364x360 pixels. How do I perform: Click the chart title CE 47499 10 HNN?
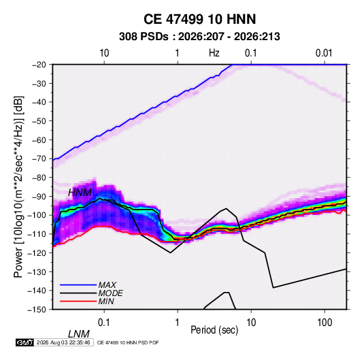click(x=199, y=19)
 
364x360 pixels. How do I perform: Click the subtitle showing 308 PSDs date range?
click(x=199, y=37)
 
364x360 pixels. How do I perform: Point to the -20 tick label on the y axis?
click(x=39, y=65)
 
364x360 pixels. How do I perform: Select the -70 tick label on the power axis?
click(x=39, y=159)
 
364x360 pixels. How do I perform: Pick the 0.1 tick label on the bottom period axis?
click(x=104, y=323)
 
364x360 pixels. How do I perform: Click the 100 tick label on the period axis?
click(x=325, y=323)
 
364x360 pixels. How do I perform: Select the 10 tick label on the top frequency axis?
click(x=104, y=53)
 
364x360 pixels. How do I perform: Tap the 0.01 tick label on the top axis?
click(x=324, y=53)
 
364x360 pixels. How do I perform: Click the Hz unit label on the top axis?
click(x=214, y=53)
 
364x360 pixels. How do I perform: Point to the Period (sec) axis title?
click(x=214, y=330)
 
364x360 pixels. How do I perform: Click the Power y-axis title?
click(x=18, y=187)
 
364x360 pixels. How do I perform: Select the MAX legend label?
click(x=107, y=285)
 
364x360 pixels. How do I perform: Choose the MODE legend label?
click(x=110, y=293)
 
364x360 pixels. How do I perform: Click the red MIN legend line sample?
click(x=78, y=301)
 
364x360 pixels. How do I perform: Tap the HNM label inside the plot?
click(x=80, y=193)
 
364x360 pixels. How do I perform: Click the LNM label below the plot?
click(x=79, y=334)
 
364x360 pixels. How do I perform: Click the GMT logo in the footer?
click(x=25, y=342)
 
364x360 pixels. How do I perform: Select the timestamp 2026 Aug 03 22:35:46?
click(x=63, y=342)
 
